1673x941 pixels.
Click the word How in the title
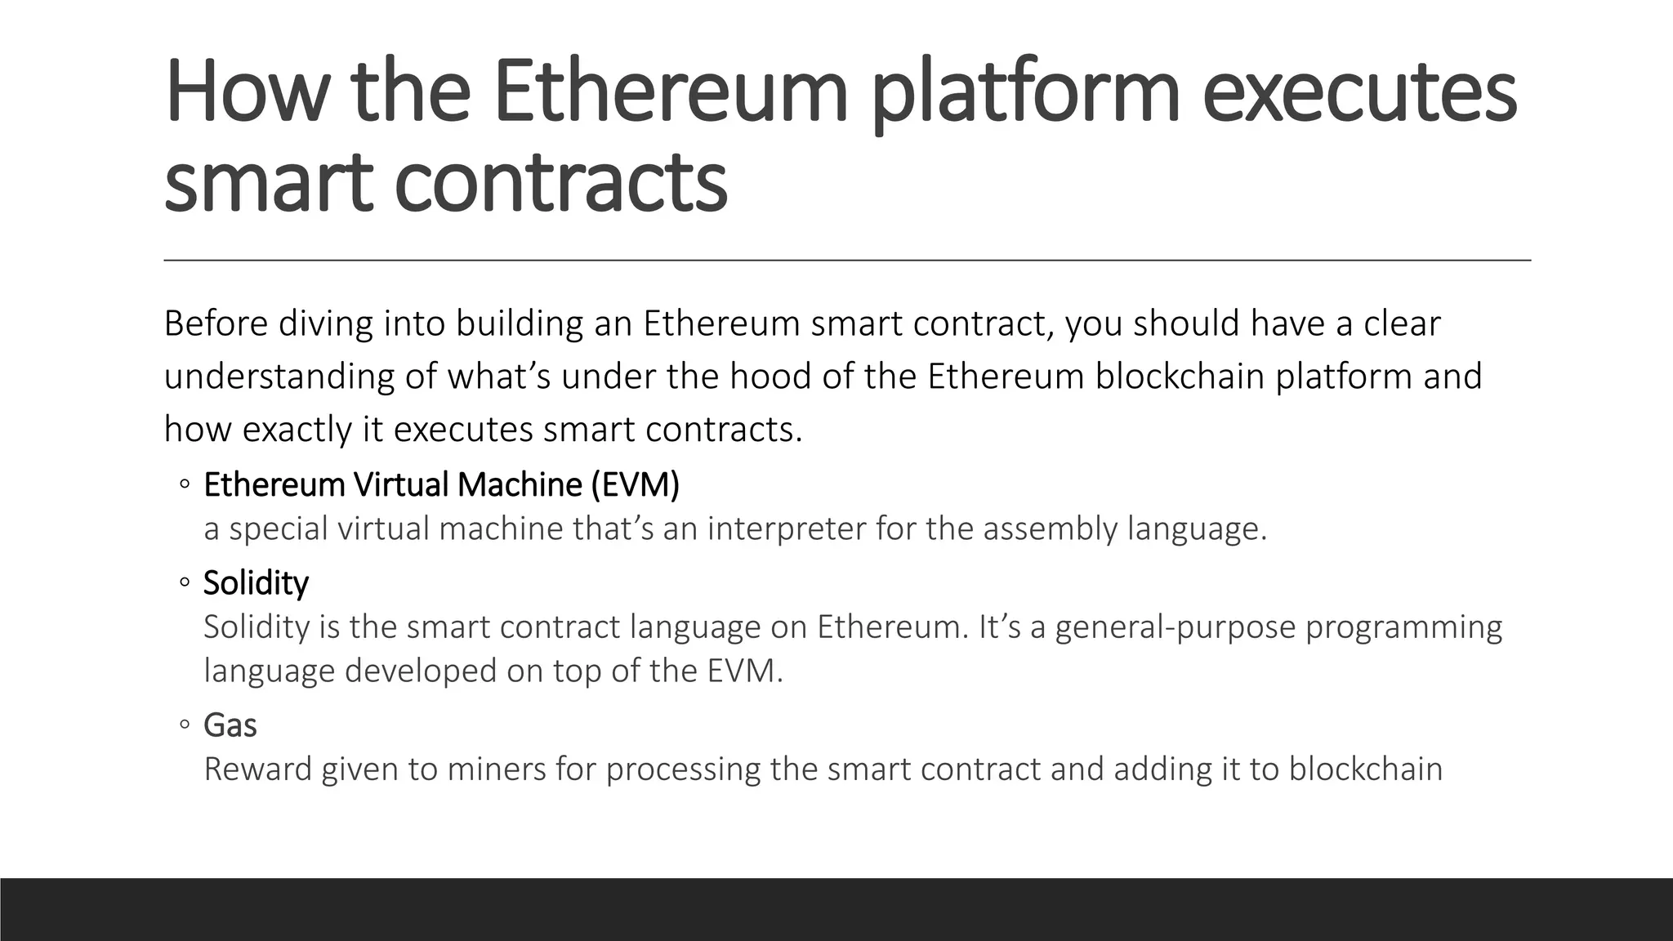(x=246, y=91)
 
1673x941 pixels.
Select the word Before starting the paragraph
(x=216, y=323)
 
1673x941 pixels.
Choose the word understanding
(x=279, y=377)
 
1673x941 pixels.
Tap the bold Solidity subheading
(x=256, y=583)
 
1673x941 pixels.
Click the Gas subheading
(x=230, y=725)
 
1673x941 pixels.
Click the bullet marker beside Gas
(x=185, y=725)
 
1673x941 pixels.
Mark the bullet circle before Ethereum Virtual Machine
(x=185, y=485)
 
